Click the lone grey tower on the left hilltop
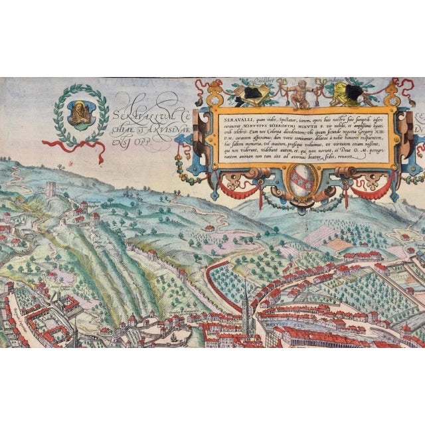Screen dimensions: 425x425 click(52, 189)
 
